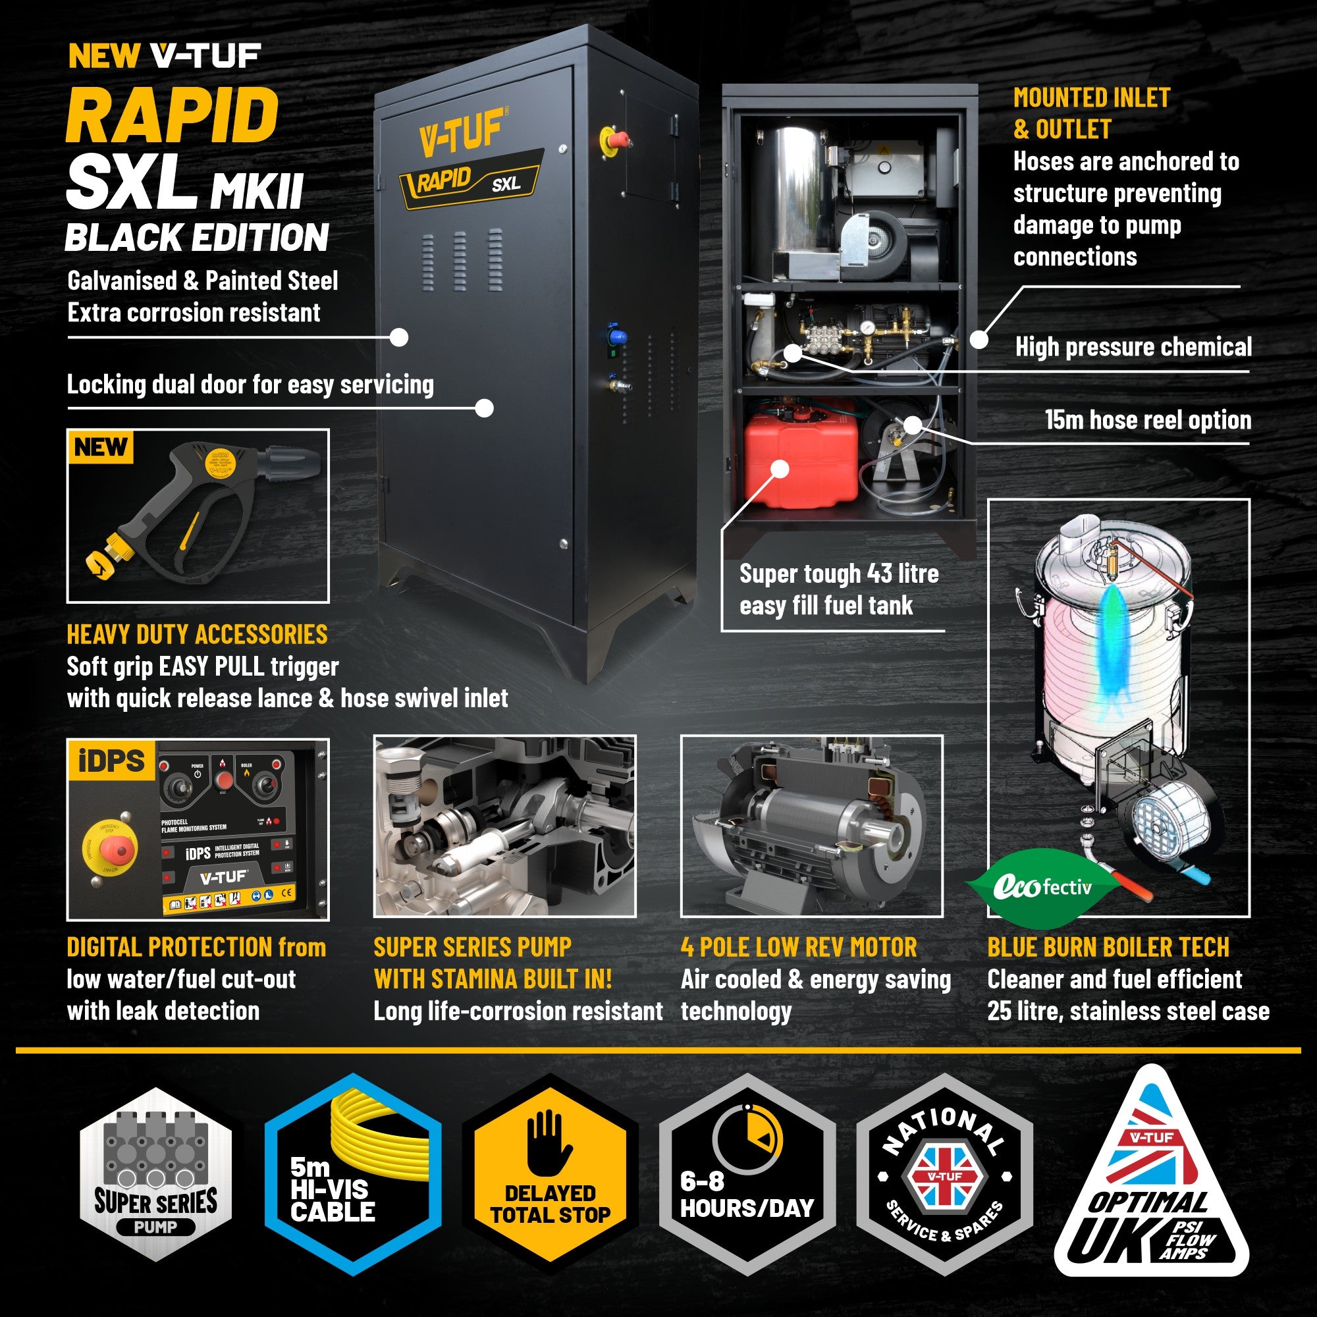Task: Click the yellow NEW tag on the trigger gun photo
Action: pyautogui.click(x=101, y=448)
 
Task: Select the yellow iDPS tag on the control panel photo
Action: pyautogui.click(x=112, y=761)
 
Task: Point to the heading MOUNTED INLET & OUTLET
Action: pyautogui.click(x=1090, y=113)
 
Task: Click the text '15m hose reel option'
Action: pyautogui.click(x=1148, y=421)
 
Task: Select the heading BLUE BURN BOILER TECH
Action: pyautogui.click(x=1108, y=948)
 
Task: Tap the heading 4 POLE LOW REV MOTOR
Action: pyautogui.click(x=798, y=948)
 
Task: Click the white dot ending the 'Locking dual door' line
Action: pyautogui.click(x=484, y=408)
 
